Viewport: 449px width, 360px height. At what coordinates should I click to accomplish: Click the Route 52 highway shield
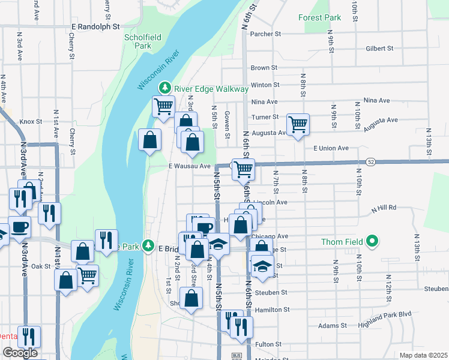tap(371, 162)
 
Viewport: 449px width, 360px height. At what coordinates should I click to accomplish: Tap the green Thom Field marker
tap(372, 242)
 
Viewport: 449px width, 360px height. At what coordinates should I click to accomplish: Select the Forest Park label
tap(320, 17)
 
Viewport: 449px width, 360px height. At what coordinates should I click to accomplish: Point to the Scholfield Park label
tap(142, 41)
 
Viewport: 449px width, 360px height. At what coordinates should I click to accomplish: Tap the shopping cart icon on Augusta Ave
tap(298, 125)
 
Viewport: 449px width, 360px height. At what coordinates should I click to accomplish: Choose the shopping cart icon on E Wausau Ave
tap(243, 169)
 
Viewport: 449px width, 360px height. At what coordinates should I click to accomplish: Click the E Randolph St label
tap(96, 27)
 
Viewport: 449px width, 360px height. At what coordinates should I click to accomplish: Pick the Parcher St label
tap(265, 34)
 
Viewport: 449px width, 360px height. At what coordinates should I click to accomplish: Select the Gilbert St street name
tap(379, 48)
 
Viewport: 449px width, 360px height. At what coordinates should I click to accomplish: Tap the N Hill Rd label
tap(384, 208)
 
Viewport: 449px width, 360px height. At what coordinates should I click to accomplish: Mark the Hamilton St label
tap(272, 310)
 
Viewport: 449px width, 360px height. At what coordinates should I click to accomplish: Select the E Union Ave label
tap(331, 148)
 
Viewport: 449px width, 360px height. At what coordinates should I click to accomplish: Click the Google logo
tap(20, 353)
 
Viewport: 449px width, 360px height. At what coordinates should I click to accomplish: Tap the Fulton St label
tap(268, 344)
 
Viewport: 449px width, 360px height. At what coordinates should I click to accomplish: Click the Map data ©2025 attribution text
tap(424, 355)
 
